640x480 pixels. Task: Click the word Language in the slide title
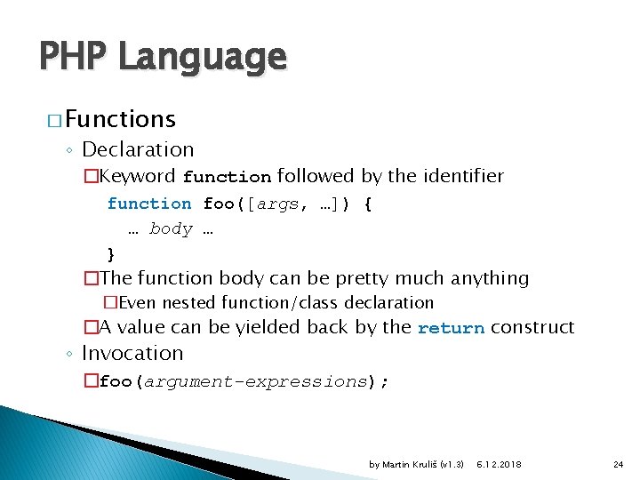(x=202, y=58)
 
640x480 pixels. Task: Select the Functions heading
(x=119, y=118)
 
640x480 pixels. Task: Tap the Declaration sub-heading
(x=137, y=149)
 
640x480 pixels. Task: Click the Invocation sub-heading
(x=132, y=353)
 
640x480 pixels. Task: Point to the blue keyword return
(x=451, y=328)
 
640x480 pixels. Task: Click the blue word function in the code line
(x=148, y=204)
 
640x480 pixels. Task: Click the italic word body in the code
(x=171, y=228)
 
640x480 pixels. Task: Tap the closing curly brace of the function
(x=111, y=253)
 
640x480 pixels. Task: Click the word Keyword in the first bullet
(x=139, y=176)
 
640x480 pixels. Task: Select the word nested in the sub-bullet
(x=197, y=303)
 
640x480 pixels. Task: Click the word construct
(x=532, y=327)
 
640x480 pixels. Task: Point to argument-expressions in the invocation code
(x=255, y=381)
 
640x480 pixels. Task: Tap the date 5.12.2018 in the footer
(x=499, y=464)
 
